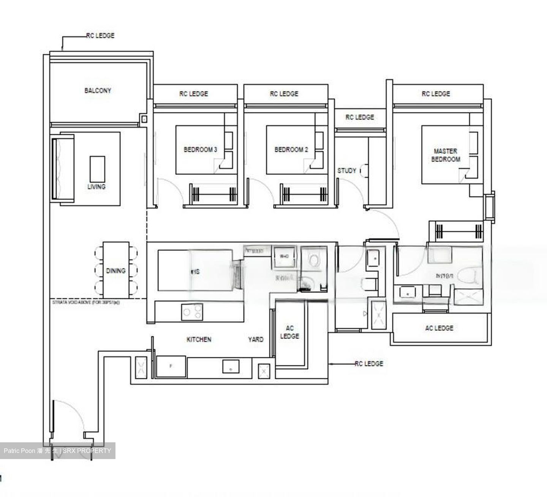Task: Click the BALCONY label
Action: [x=98, y=90]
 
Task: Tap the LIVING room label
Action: [x=96, y=186]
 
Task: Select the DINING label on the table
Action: [x=115, y=271]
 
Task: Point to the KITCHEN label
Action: [x=199, y=339]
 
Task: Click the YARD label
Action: [x=255, y=339]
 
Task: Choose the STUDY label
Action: [x=347, y=170]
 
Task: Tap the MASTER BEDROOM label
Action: [x=446, y=155]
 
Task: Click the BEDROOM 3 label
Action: [x=200, y=150]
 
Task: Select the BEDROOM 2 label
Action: [x=291, y=150]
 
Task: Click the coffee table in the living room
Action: [x=97, y=169]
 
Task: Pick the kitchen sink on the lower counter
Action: [x=231, y=367]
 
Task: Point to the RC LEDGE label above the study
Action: [x=360, y=117]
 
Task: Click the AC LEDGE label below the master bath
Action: [x=439, y=328]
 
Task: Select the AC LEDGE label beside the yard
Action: [x=289, y=332]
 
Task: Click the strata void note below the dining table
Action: [x=86, y=303]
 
